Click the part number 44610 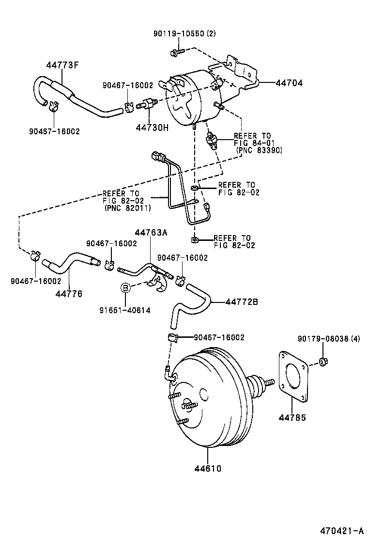(208, 468)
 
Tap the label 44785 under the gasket (291, 417)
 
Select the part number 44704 (289, 83)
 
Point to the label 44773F (62, 65)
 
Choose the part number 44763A (151, 233)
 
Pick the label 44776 (69, 294)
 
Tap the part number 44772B (241, 302)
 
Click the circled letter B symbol (125, 288)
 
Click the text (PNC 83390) (259, 150)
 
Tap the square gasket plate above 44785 (293, 376)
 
